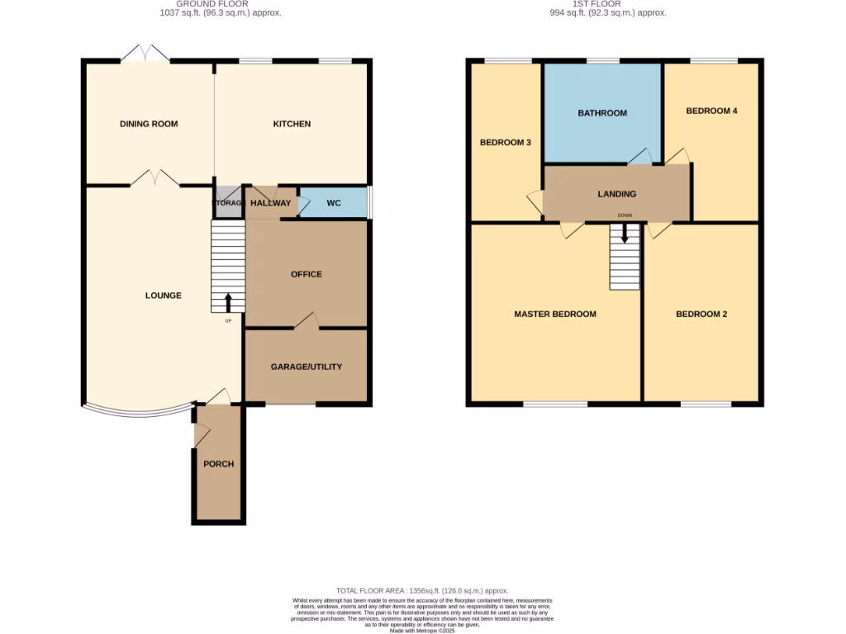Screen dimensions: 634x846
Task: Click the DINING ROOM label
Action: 149,124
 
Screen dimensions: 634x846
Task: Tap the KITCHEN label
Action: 292,124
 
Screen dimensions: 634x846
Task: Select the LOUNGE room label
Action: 163,296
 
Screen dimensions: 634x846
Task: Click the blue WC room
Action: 334,202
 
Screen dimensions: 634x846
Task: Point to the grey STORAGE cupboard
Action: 227,202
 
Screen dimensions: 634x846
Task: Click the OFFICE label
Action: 307,274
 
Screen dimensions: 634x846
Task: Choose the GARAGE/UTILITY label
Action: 307,367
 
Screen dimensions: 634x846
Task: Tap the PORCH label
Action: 219,464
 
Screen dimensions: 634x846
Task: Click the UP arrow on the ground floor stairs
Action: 229,303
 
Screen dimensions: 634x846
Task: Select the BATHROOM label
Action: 602,113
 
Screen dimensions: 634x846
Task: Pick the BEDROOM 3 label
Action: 506,143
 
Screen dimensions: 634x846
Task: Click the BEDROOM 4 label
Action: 711,111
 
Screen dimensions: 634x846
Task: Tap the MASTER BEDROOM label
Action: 555,314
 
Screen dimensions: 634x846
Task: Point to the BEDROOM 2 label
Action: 701,314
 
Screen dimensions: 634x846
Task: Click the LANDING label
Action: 617,194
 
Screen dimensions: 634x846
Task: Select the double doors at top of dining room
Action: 145,54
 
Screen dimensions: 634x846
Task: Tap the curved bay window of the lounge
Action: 136,410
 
